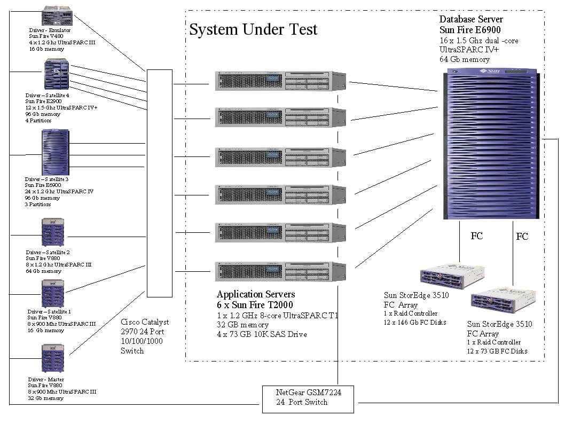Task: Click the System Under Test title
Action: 253,29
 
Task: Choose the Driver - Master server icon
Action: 53,358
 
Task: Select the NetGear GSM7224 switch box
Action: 308,398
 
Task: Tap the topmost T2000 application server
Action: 280,80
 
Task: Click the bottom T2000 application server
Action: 280,271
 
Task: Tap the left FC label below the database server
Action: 476,235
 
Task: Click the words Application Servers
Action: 255,294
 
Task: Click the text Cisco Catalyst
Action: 145,322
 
